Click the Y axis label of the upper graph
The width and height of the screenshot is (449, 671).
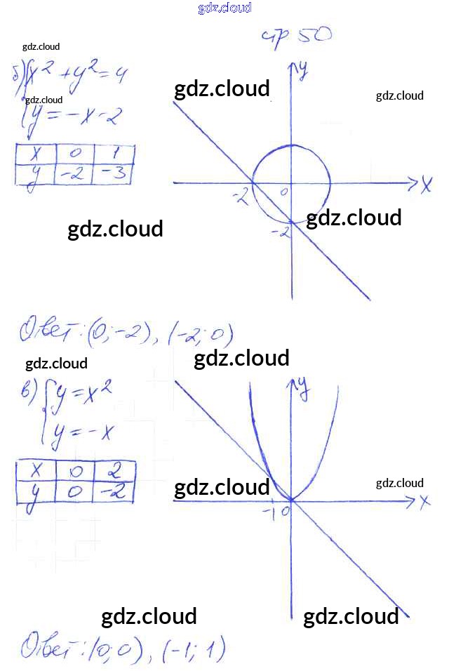coord(304,70)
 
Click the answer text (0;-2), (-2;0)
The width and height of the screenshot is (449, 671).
coord(126,333)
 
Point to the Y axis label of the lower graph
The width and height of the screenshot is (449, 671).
coord(303,388)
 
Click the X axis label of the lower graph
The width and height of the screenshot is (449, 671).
coord(423,502)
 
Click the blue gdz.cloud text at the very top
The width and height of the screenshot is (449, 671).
coord(224,8)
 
